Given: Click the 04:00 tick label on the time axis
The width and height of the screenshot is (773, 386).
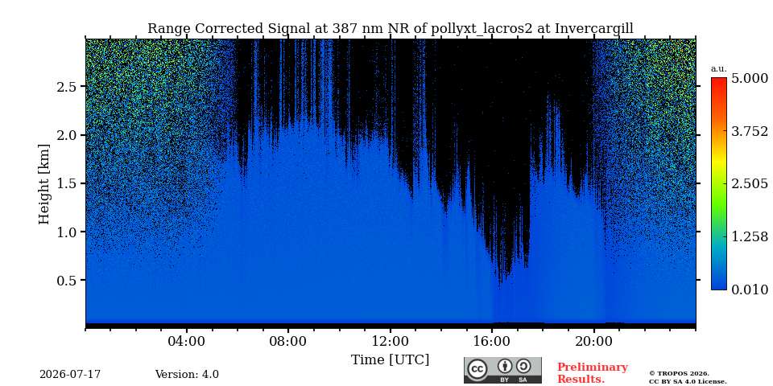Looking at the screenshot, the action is (x=187, y=341).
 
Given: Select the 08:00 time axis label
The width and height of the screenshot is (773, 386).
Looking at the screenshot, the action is (x=288, y=341).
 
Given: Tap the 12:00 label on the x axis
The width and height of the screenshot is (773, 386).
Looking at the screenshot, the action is (x=391, y=341).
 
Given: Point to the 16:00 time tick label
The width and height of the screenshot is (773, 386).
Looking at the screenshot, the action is (x=492, y=341).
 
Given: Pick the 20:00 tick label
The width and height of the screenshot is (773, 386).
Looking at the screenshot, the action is (x=593, y=341).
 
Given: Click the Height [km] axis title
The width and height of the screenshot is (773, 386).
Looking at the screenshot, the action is (x=44, y=184).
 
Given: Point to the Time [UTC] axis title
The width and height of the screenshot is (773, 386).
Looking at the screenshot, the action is (x=390, y=360).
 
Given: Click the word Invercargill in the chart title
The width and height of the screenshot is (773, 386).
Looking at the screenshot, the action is (x=594, y=29).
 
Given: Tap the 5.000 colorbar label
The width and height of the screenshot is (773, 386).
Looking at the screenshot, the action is (x=750, y=79).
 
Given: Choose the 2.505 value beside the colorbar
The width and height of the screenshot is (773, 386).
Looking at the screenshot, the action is (x=750, y=184).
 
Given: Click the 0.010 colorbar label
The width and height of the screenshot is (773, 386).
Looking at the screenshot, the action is (x=750, y=289).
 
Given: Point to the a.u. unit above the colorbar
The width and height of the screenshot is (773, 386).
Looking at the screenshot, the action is (x=719, y=69).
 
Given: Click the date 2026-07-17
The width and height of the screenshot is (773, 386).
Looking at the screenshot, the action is (x=70, y=375).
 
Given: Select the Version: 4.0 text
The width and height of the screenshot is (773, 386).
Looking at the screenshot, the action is (x=187, y=375).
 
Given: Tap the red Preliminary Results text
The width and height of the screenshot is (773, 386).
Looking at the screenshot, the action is (x=593, y=373).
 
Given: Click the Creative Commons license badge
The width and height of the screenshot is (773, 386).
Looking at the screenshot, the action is (x=502, y=370).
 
